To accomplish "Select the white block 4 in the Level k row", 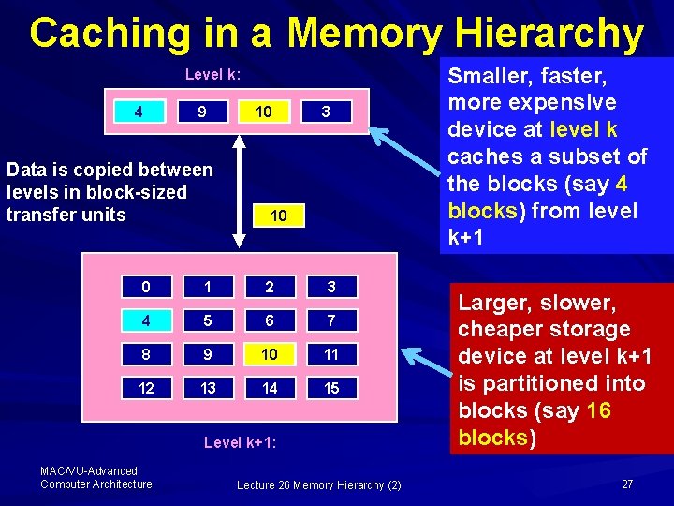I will [139, 112].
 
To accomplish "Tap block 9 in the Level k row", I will [201, 112].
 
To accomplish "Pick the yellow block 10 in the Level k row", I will [264, 112].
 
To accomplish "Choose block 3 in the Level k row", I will [326, 112].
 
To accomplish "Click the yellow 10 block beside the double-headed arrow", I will [279, 216].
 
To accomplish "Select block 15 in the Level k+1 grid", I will [331, 388].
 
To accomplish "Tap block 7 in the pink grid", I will [331, 320].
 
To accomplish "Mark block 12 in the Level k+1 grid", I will [146, 388].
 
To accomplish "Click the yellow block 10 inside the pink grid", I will [270, 354].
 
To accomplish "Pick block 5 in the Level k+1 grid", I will [208, 320].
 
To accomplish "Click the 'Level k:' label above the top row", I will [212, 74].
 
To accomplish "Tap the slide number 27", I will [627, 484].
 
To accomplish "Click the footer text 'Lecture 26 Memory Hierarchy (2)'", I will [319, 484].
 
